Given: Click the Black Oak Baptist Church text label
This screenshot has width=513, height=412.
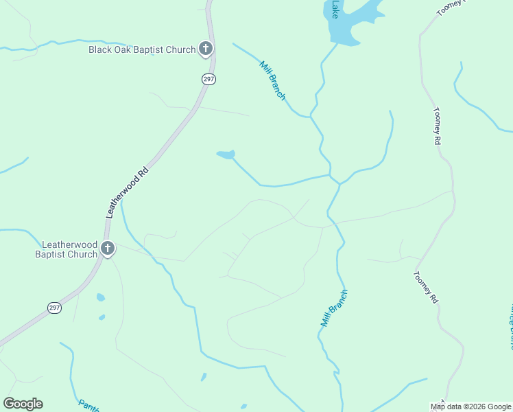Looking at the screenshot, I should [141, 49].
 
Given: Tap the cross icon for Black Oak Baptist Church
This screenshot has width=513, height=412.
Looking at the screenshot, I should [205, 49].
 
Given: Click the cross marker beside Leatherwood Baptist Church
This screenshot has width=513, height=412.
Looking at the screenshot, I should [108, 249].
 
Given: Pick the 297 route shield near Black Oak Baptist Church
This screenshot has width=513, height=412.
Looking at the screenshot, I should [209, 80].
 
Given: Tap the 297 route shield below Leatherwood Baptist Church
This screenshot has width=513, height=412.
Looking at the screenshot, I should [55, 308].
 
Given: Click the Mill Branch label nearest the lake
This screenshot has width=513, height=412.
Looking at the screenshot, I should [272, 81].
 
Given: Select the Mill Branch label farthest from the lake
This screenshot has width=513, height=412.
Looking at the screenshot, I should [335, 307].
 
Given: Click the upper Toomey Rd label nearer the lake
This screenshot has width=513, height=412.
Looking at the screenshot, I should [436, 126].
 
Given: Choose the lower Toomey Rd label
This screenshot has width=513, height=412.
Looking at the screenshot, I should [425, 287].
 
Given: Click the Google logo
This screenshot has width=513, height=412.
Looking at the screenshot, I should [23, 404].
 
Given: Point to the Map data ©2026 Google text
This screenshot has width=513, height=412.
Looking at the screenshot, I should [470, 407].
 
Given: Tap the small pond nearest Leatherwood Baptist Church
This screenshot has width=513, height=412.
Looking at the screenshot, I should [101, 297].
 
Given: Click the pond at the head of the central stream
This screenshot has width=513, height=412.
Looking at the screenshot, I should [226, 154].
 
